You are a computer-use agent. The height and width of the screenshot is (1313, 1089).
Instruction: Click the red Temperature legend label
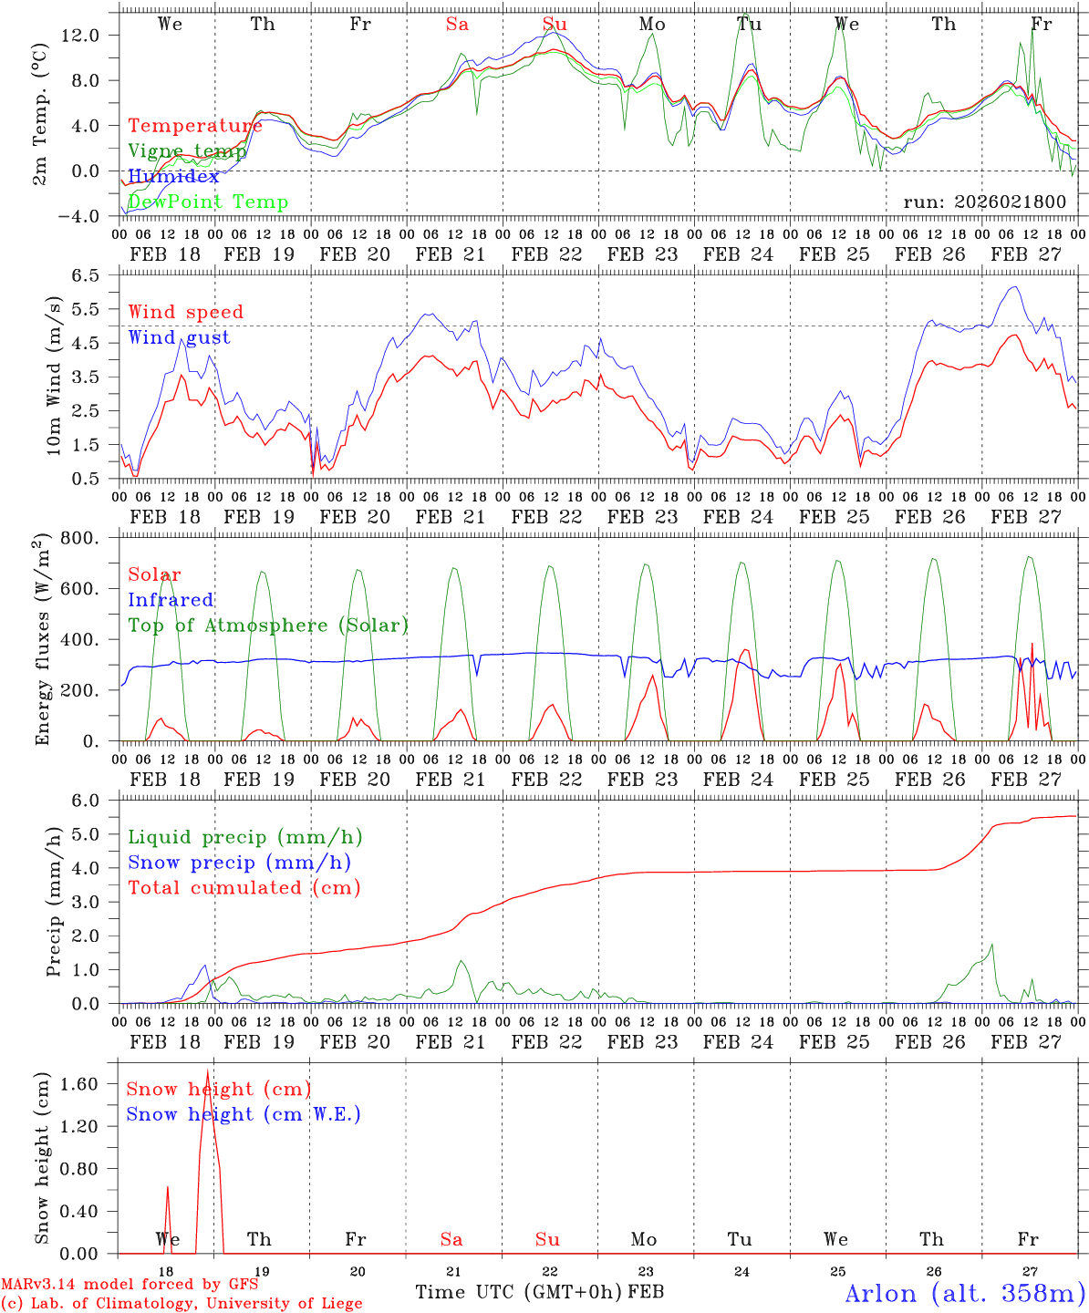[194, 126]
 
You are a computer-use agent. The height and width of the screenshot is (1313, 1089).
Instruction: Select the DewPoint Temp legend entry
[208, 202]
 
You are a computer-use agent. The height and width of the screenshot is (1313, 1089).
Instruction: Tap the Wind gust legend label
[179, 337]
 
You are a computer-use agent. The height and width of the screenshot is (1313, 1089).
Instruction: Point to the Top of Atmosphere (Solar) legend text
[267, 625]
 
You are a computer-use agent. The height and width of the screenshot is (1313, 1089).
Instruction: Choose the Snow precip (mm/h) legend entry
[239, 863]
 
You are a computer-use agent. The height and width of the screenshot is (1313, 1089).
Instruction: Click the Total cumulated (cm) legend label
[244, 887]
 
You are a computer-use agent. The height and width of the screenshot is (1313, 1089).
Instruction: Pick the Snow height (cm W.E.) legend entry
[243, 1114]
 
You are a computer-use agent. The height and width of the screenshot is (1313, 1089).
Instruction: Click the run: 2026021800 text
[984, 202]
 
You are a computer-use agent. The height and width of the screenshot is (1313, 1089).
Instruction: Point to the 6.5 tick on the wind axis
[97, 274]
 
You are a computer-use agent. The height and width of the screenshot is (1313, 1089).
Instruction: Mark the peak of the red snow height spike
[208, 1070]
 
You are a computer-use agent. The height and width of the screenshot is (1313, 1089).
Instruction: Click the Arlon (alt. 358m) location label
[964, 1293]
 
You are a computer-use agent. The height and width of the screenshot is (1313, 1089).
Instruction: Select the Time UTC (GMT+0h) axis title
[519, 1292]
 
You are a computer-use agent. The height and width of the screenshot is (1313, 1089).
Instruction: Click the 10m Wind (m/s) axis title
[54, 376]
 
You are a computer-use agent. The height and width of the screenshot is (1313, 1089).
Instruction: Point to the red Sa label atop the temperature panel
[457, 24]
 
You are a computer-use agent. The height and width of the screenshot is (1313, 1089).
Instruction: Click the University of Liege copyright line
[181, 1304]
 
